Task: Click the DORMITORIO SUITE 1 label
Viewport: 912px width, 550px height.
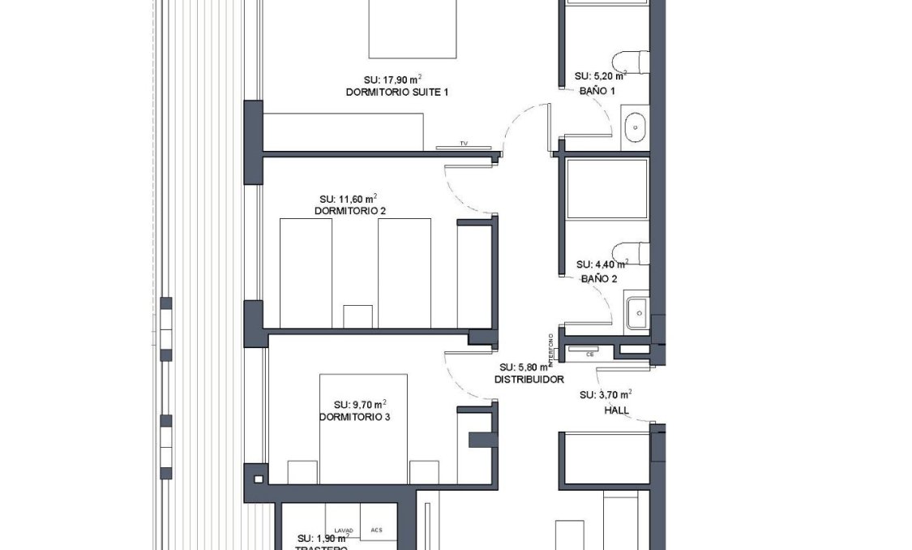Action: coord(397,92)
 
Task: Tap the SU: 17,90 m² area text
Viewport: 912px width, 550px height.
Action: coord(392,79)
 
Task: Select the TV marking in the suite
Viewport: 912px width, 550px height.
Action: coord(464,144)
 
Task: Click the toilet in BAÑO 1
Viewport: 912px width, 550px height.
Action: coord(632,62)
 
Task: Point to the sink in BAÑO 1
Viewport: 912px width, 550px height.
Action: coord(636,127)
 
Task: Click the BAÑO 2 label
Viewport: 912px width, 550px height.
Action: coord(599,278)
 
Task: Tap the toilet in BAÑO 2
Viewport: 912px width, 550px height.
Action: coord(632,253)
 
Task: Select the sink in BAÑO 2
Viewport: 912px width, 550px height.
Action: coord(636,312)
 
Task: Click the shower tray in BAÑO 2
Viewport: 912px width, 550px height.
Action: coord(607,188)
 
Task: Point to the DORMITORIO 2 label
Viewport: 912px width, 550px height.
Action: coord(349,211)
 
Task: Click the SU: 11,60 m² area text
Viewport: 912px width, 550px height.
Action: coord(348,198)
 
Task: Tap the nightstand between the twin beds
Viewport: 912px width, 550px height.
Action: coord(358,316)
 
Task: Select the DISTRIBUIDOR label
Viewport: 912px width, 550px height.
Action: coord(529,379)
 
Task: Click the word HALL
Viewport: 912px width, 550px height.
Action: coord(616,410)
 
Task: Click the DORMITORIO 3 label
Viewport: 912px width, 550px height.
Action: coord(354,417)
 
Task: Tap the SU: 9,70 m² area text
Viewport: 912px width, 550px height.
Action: coord(359,404)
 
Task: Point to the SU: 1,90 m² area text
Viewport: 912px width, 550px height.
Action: coord(322,538)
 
